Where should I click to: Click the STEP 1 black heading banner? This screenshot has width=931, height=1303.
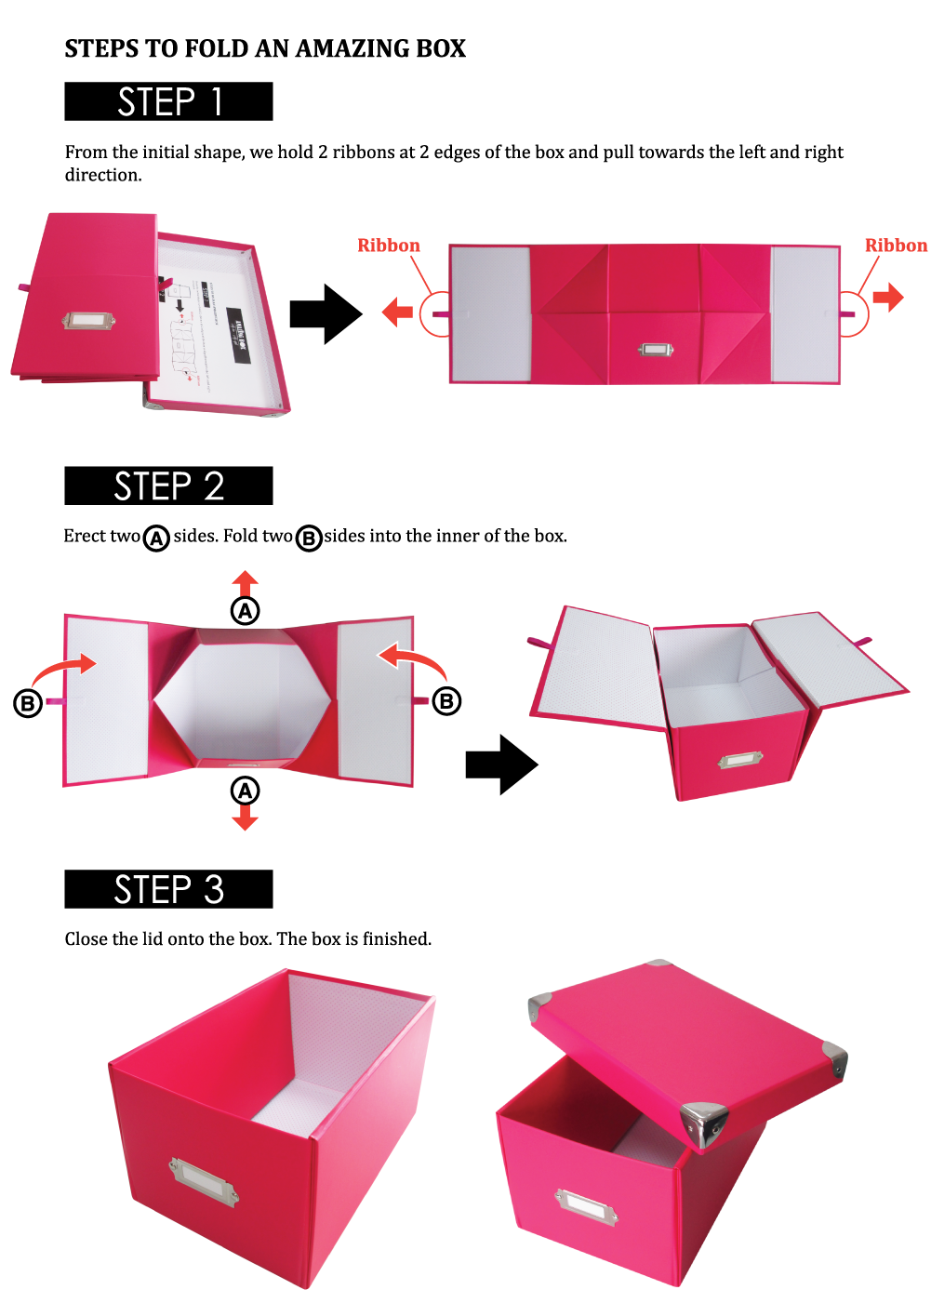168,101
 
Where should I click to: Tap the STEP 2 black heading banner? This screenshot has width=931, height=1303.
168,485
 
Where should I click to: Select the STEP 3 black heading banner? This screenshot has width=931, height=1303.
168,889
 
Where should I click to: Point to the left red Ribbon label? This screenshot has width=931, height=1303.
388,246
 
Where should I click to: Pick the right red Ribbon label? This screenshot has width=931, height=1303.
896,246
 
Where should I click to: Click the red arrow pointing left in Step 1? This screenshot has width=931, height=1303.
397,312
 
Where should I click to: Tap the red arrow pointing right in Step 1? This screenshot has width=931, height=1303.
888,298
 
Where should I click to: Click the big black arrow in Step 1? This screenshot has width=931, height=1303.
326,314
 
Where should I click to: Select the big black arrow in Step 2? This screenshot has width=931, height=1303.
501,765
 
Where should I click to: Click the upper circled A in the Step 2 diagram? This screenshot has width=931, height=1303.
245,611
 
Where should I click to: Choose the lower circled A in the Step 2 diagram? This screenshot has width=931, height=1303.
245,791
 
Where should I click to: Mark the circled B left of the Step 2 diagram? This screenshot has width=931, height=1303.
27,703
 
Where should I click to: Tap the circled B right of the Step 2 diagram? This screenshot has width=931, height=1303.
446,701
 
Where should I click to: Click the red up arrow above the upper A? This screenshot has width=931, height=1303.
245,583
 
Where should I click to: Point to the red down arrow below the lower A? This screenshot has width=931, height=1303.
245,818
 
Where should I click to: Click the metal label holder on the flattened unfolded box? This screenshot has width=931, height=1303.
655,350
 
